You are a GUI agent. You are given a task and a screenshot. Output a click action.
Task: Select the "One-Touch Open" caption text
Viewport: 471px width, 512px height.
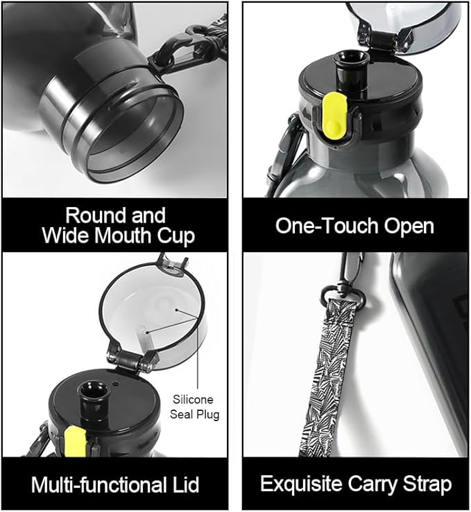(x=354, y=225)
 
